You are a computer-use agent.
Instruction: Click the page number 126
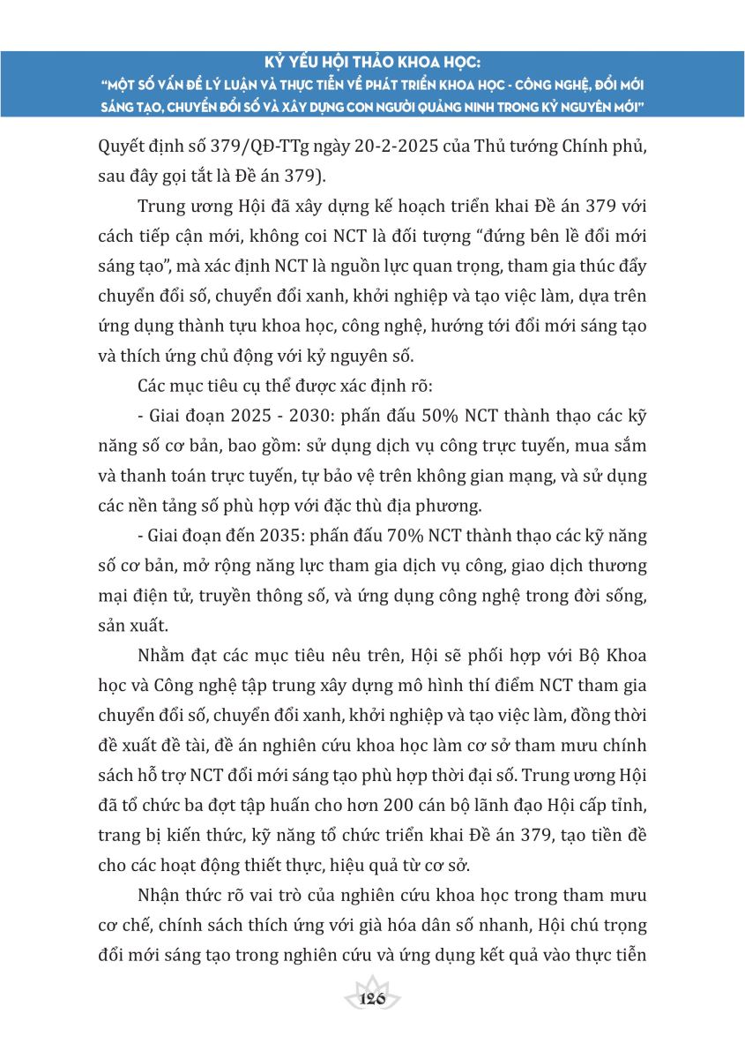373,998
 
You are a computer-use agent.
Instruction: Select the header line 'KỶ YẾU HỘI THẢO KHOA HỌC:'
372,64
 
